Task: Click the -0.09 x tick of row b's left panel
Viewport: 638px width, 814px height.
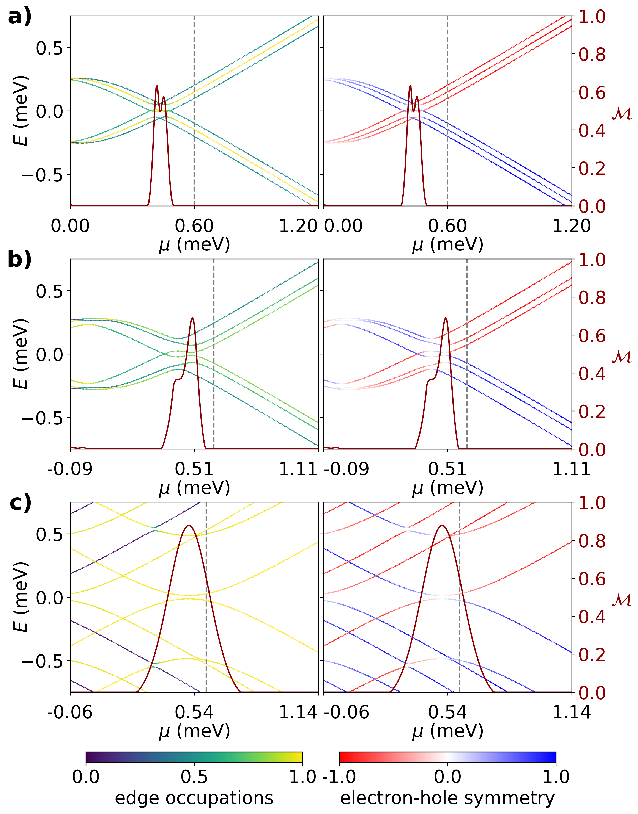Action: (70, 469)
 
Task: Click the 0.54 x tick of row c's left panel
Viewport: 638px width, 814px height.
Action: (194, 712)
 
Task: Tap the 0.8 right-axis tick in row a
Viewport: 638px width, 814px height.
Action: (592, 55)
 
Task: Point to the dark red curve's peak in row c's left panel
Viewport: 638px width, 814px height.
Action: (189, 526)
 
